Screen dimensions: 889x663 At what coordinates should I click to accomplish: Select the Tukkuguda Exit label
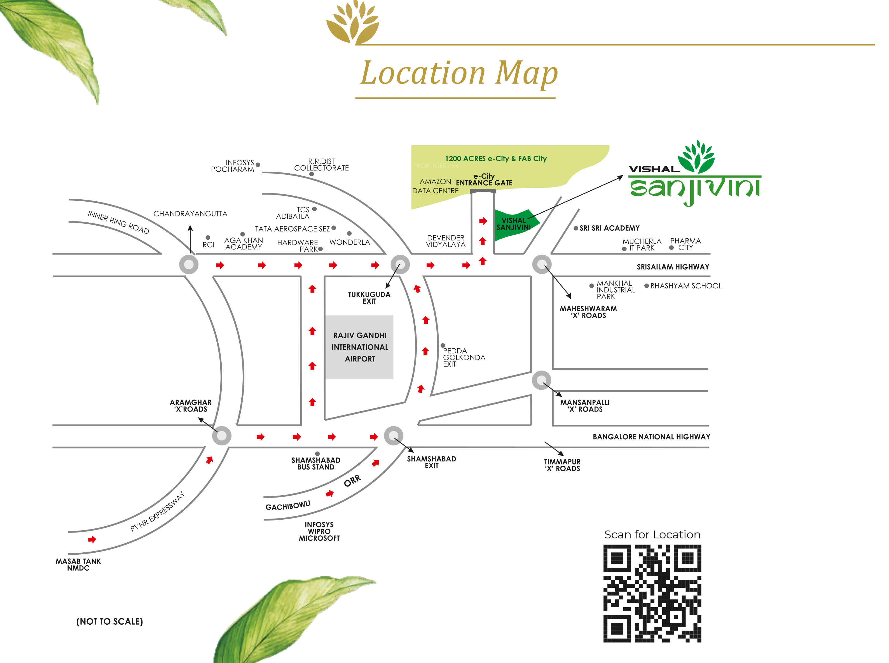[x=369, y=298]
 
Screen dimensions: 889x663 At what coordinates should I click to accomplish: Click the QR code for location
[x=652, y=593]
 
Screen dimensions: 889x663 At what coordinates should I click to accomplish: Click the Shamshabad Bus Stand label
[x=316, y=464]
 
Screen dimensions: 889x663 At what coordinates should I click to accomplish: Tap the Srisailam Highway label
[x=673, y=267]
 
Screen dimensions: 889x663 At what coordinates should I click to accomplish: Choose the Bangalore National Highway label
[x=651, y=437]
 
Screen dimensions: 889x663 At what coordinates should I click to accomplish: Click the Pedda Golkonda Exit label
[x=464, y=357]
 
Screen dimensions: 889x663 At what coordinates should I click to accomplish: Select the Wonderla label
[x=349, y=242]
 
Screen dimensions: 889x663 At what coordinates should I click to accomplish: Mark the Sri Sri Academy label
[x=609, y=228]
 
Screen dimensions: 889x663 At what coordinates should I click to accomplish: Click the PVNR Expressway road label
[x=157, y=512]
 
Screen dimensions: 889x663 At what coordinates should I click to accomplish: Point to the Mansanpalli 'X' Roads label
[x=585, y=406]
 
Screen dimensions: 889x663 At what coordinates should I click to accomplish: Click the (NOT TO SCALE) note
[x=109, y=621]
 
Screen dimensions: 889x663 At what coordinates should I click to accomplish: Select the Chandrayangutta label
[x=190, y=214]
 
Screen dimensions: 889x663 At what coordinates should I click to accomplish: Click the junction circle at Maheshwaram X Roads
[x=542, y=264]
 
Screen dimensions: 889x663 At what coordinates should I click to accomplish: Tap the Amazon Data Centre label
[x=435, y=186]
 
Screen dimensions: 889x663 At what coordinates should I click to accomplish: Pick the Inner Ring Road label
[x=118, y=222]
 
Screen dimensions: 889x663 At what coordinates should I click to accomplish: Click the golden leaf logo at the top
[x=353, y=22]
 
